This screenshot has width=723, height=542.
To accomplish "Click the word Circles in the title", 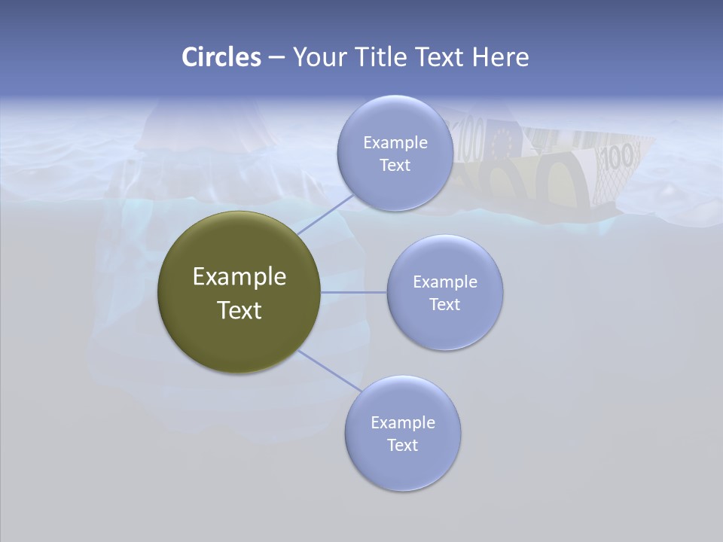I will point(221,57).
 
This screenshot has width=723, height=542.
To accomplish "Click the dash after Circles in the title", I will point(276,58).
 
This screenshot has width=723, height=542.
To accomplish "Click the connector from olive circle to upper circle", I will point(325,214).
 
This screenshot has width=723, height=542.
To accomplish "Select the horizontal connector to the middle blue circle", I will point(353,292).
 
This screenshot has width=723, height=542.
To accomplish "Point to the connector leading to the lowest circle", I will point(330,370).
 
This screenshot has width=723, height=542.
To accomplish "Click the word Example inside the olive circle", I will point(239,277).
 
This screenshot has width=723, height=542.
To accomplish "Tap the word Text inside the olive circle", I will point(239,310).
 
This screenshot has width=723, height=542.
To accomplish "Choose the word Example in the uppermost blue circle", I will point(395,143).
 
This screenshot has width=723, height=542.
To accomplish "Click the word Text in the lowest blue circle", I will point(402,445).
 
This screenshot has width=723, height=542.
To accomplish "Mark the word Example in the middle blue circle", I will point(445,282).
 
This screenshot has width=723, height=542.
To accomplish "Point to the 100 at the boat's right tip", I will point(618,157).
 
